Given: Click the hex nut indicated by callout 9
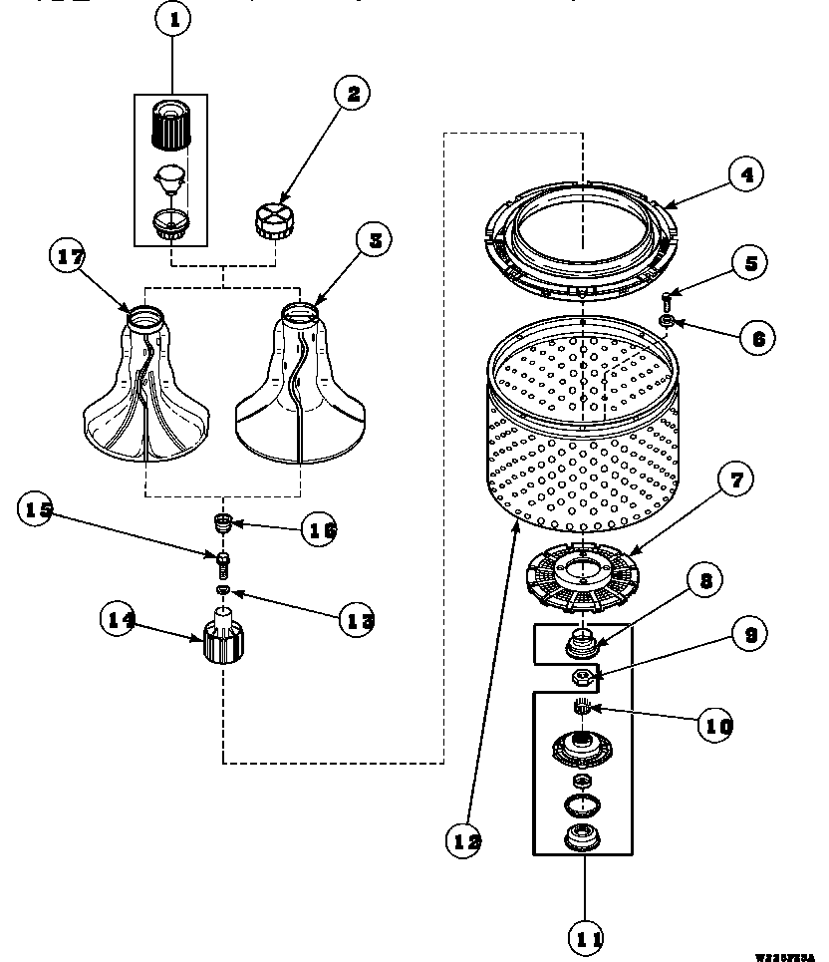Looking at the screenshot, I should point(581,678).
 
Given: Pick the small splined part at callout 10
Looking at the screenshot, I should point(582,708).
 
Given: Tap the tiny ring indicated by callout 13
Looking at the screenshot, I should point(224,592).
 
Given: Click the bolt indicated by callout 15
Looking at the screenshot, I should point(224,563).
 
